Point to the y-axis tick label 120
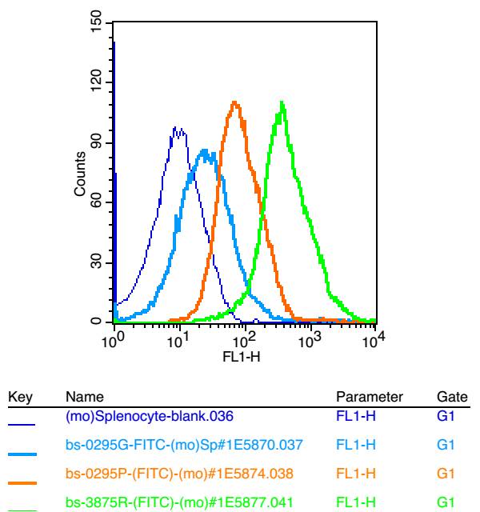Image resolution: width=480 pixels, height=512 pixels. pyautogui.click(x=97, y=86)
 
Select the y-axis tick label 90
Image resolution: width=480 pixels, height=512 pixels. pyautogui.click(x=97, y=145)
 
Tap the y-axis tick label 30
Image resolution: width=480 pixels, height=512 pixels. pyautogui.click(x=97, y=263)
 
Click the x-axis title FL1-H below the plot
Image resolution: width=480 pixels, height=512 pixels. pyautogui.click(x=244, y=358)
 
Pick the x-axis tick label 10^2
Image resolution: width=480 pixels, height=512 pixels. pyautogui.click(x=245, y=341)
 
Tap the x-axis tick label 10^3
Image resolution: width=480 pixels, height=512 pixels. pyautogui.click(x=310, y=341)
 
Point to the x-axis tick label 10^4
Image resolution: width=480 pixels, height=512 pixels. pyautogui.click(x=374, y=341)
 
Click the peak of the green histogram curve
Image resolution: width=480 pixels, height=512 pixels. pyautogui.click(x=282, y=102)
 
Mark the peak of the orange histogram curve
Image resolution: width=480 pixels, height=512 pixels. pyautogui.click(x=234, y=102)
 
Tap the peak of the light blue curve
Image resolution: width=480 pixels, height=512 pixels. pyautogui.click(x=205, y=150)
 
